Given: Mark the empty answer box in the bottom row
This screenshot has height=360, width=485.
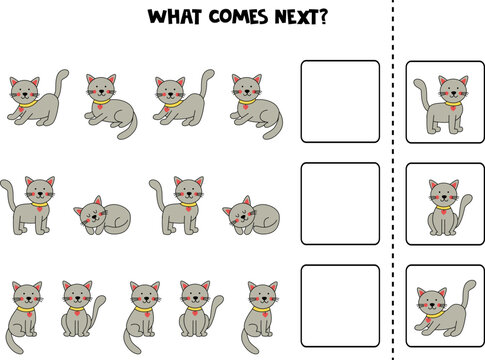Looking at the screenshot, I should pos(340,302).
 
